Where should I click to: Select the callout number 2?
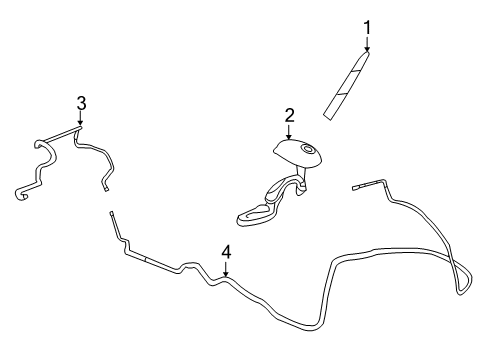(x=289, y=116)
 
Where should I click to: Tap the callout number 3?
(x=81, y=102)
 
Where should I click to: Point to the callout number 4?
(x=227, y=252)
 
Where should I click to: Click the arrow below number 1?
(x=367, y=45)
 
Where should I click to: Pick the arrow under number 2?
(x=289, y=133)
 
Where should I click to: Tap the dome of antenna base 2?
(x=294, y=152)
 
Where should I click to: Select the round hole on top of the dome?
(x=310, y=152)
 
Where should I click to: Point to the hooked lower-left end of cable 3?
(x=20, y=191)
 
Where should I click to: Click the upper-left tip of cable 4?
(x=112, y=215)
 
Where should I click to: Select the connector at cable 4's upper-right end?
(x=359, y=186)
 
